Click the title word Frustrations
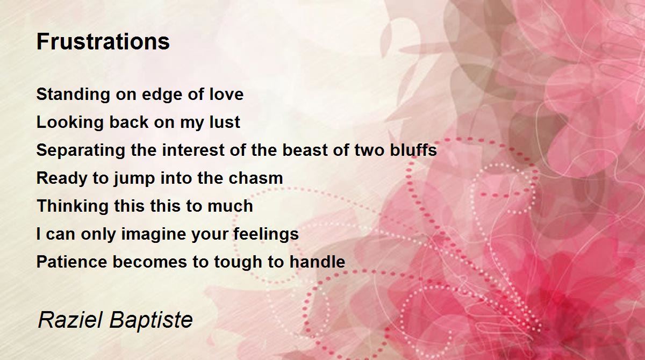[103, 41]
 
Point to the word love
[226, 94]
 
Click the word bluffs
[413, 150]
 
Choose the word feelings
[266, 234]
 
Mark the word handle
[317, 262]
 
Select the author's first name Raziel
[70, 320]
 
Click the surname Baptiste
[151, 321]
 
